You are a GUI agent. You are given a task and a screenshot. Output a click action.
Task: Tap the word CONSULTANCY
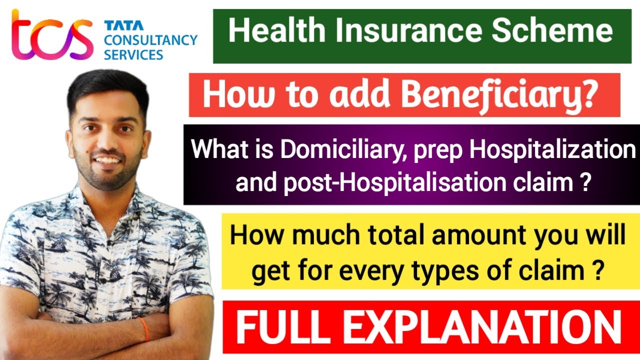pos(150,40)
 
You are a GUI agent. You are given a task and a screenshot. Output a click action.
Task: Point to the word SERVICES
pos(133,54)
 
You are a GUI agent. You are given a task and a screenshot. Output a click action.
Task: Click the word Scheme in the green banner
pos(552,31)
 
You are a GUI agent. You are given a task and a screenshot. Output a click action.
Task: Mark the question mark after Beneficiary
pos(588,94)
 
